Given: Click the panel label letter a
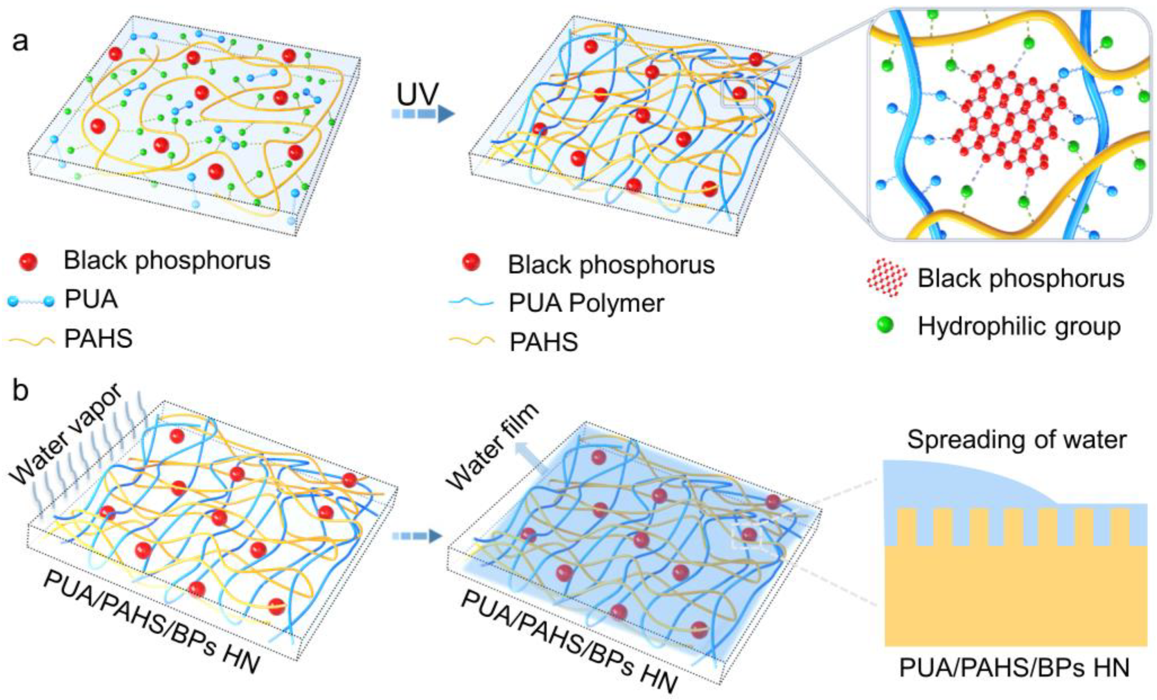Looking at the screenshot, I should coord(20,42).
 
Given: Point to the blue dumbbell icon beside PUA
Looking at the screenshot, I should coord(29,301).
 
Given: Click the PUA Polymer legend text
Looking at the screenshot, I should coord(586,303).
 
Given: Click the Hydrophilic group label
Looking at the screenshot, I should coord(1019,326).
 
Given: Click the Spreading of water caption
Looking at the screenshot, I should coord(1017,440).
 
